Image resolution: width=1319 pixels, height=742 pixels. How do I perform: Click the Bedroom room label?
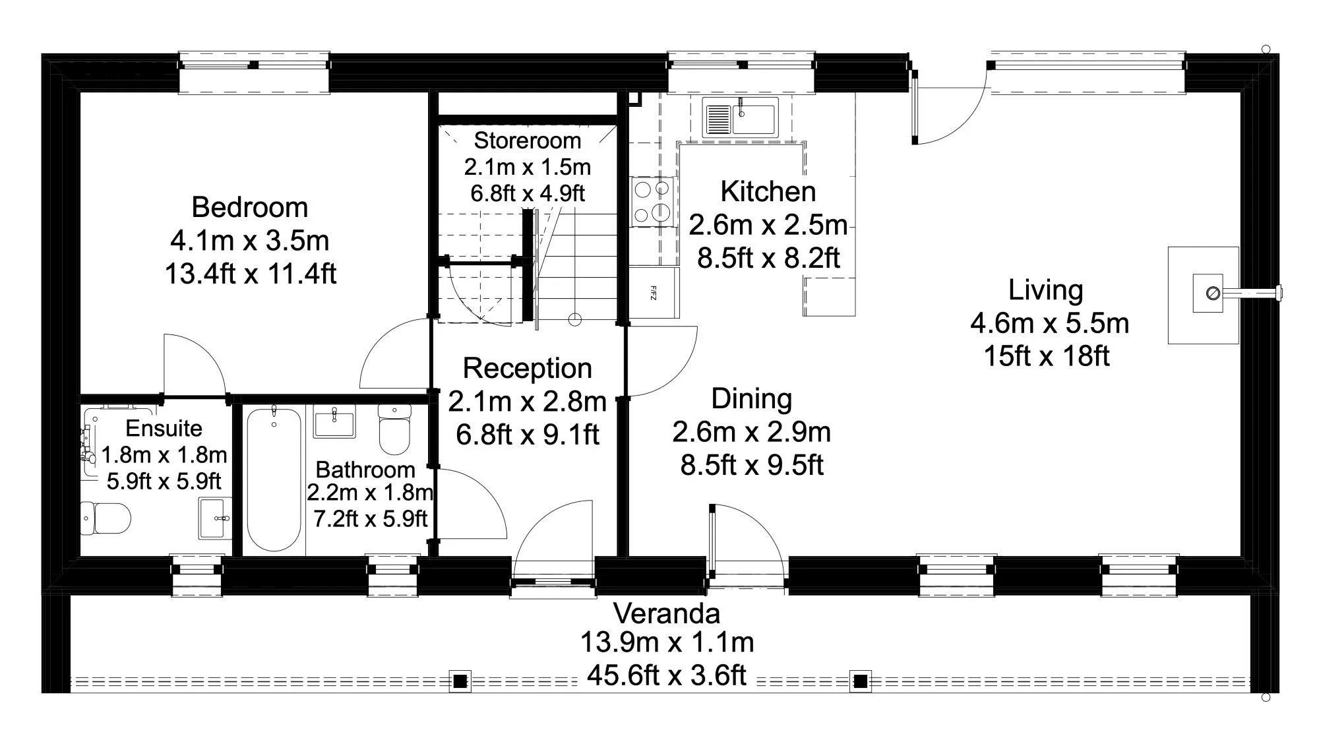tap(249, 208)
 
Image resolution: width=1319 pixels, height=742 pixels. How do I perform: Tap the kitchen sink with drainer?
tap(740, 117)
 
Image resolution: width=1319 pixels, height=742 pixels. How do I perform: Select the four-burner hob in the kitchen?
tap(652, 201)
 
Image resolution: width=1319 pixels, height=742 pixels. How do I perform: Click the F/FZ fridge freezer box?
tap(654, 292)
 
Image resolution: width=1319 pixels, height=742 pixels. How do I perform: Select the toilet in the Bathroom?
tap(394, 429)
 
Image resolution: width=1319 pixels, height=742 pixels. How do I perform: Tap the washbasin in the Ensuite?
tap(215, 518)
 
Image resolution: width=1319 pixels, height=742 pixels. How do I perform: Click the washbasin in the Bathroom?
tap(334, 422)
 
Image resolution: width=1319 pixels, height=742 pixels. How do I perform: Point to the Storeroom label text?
tap(527, 140)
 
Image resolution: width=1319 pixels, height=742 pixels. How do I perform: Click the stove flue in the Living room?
tap(1212, 294)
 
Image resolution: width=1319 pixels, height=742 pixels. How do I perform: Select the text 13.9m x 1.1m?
tap(667, 642)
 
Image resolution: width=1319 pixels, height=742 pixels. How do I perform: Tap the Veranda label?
tap(667, 614)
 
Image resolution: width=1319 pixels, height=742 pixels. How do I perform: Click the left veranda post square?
tap(460, 681)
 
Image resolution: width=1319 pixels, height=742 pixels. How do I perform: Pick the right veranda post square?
tap(860, 681)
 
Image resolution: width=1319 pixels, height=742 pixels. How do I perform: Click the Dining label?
tap(751, 399)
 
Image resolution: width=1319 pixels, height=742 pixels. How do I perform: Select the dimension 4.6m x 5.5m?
tap(1049, 323)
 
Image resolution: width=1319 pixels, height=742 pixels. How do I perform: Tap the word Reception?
tap(527, 369)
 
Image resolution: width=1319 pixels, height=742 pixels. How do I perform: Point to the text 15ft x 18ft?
tap(1047, 356)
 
